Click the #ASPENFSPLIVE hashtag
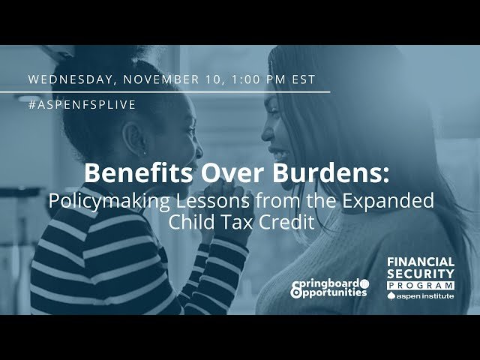[82, 105]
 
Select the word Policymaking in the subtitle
[104, 201]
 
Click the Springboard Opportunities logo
[330, 288]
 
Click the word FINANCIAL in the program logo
[420, 262]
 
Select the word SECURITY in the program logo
[420, 274]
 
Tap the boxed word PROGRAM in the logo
[420, 286]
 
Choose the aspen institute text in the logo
[424, 297]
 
